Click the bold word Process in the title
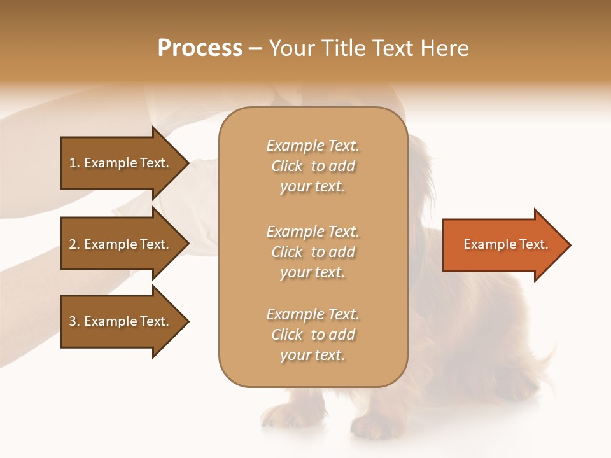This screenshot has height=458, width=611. [x=200, y=48]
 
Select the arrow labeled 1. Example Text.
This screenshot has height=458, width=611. [x=119, y=163]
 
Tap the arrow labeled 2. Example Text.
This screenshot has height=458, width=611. [x=119, y=244]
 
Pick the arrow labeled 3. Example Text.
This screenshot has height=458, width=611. [x=119, y=321]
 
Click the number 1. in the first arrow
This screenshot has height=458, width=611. [x=74, y=163]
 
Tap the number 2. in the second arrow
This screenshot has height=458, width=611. [x=74, y=244]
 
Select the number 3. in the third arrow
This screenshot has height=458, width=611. [x=74, y=321]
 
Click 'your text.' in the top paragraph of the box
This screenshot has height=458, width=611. [x=313, y=187]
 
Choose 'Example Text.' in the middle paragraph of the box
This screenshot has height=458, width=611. [x=313, y=232]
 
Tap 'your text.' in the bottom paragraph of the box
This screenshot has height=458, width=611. [x=313, y=356]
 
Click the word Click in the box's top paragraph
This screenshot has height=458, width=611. [x=287, y=167]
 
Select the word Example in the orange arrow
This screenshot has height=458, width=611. [x=486, y=244]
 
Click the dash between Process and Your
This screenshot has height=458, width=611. [x=256, y=49]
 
